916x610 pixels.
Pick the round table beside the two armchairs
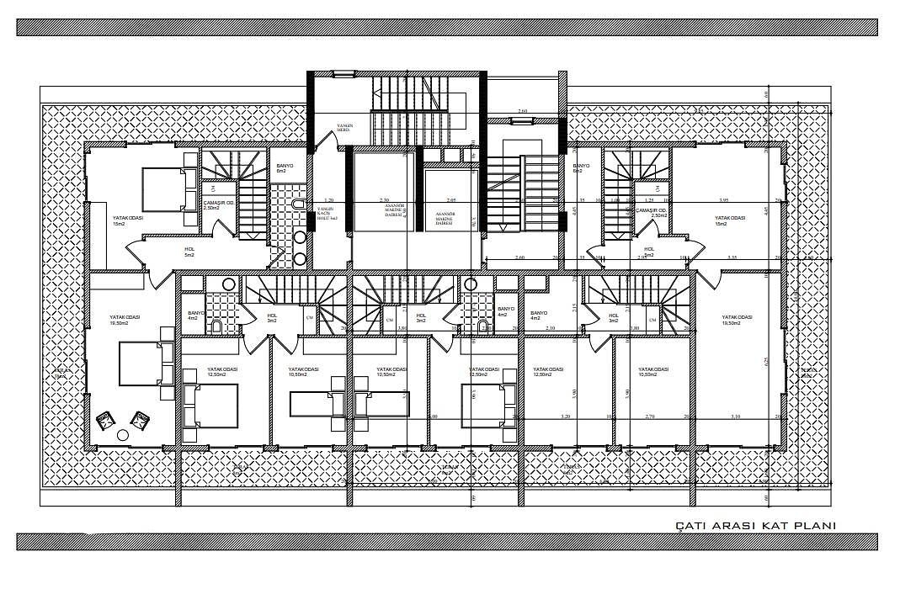coord(123,434)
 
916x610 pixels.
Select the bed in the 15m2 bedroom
coord(163,188)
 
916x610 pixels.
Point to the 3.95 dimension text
coord(724,200)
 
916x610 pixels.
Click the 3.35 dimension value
coord(732,257)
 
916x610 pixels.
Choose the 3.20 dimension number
coord(566,416)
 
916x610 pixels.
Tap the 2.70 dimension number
coord(649,416)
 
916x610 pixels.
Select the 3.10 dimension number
coord(735,416)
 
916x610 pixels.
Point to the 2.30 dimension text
coord(384,200)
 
